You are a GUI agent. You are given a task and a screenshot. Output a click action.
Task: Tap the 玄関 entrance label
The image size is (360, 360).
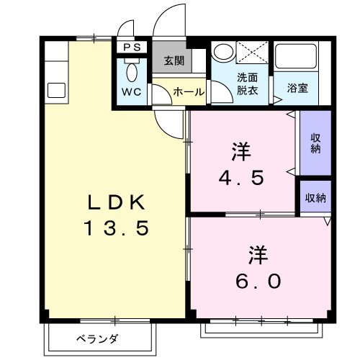(x=173, y=60)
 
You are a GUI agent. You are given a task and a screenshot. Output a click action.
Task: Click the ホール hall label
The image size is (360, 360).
(x=189, y=92)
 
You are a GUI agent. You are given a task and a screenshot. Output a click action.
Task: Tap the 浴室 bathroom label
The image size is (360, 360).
(x=297, y=89)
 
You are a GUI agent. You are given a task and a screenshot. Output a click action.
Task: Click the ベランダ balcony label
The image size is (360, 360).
(x=98, y=338)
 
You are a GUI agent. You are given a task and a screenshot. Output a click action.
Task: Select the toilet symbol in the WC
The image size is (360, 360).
(x=132, y=72)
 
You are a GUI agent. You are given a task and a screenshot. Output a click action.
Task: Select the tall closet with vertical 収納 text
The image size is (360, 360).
(x=315, y=143)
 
